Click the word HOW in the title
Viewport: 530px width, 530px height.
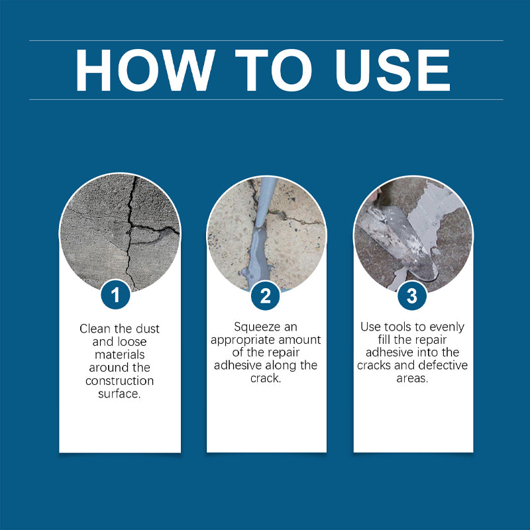click(x=145, y=70)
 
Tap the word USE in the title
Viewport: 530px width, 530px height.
click(x=392, y=70)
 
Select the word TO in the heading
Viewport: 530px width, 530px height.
click(x=274, y=70)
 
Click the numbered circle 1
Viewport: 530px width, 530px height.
click(x=115, y=294)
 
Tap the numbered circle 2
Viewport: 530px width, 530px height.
click(x=266, y=295)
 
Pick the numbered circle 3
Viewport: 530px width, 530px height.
click(x=412, y=295)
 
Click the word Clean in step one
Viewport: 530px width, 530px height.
click(x=95, y=329)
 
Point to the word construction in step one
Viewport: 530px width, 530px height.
click(x=120, y=381)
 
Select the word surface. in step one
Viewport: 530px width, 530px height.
click(x=119, y=394)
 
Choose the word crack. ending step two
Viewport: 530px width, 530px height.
click(x=266, y=378)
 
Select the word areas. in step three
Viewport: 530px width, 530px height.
click(x=412, y=378)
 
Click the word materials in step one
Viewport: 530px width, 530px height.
click(x=120, y=354)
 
